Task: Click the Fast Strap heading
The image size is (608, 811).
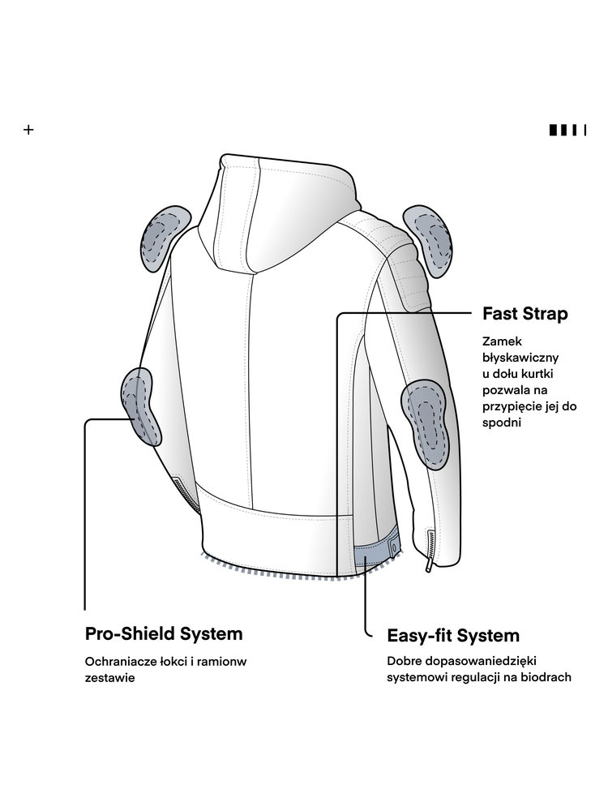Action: (x=525, y=314)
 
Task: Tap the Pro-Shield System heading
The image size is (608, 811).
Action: (x=164, y=633)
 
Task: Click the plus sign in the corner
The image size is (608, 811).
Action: (x=29, y=130)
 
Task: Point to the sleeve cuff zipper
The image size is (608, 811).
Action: (x=427, y=552)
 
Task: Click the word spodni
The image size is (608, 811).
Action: (x=502, y=423)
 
